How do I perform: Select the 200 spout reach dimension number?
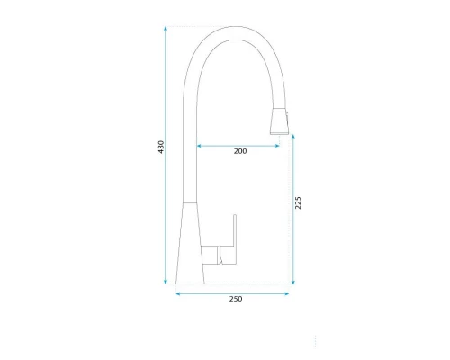(x=240, y=151)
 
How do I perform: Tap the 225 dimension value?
(x=299, y=203)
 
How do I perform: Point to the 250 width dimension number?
(x=236, y=299)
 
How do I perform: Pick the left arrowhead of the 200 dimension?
(x=200, y=143)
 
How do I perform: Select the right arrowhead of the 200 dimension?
(x=280, y=143)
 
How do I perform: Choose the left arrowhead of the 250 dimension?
(x=179, y=292)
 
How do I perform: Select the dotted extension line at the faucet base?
(x=243, y=284)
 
